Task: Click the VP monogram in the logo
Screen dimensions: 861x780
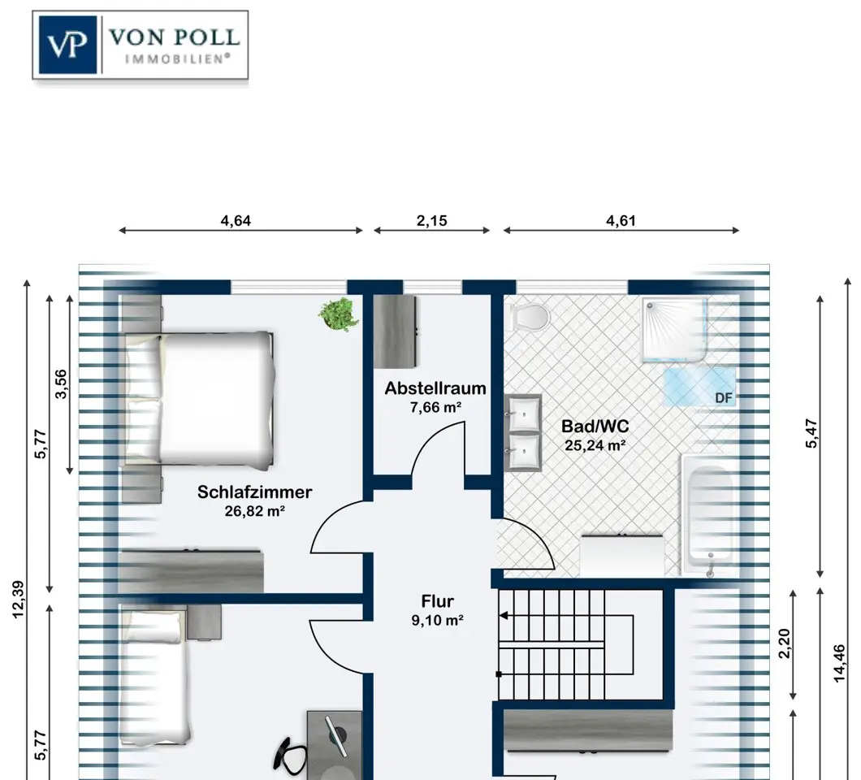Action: tap(67, 45)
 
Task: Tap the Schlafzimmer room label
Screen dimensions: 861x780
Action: tap(255, 492)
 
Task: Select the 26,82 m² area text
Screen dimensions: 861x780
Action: tap(255, 511)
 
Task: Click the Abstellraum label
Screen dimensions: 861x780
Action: tap(435, 388)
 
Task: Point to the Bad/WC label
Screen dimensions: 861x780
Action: tap(595, 427)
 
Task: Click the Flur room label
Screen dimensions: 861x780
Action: tap(438, 601)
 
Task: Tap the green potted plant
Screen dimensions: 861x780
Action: tap(336, 314)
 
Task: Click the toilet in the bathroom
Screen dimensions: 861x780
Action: tap(530, 317)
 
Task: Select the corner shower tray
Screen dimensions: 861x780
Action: tap(675, 330)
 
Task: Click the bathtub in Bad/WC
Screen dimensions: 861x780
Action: tap(708, 513)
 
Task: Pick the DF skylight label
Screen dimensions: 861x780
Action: tap(724, 397)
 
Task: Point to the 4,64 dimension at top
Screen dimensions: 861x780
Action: tap(236, 221)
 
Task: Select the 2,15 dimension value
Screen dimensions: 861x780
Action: tap(431, 221)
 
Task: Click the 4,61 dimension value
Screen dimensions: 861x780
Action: tap(621, 221)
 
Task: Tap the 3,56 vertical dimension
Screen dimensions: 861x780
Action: tap(61, 384)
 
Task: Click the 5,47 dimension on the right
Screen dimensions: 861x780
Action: tap(811, 434)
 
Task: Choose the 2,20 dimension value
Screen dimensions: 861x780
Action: tap(784, 643)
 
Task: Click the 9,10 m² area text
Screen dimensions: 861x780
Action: tap(438, 621)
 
